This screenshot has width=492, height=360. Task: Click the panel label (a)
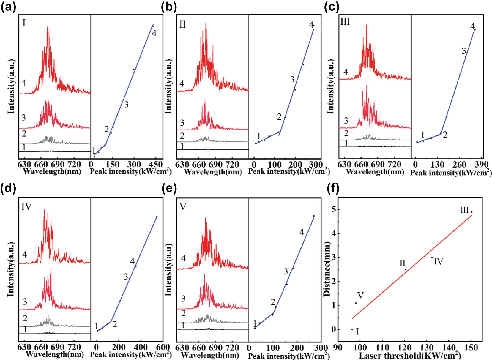click(8, 7)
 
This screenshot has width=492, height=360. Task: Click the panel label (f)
click(333, 188)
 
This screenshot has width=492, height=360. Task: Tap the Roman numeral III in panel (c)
click(345, 22)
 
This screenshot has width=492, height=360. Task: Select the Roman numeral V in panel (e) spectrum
click(183, 206)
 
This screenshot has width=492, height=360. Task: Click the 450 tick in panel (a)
click(155, 164)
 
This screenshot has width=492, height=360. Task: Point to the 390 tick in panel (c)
click(481, 165)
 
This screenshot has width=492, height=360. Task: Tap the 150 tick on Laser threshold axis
click(471, 348)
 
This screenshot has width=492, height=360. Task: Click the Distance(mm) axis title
click(327, 269)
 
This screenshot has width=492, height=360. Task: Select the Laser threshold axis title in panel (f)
click(410, 356)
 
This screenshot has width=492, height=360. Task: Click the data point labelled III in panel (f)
click(471, 212)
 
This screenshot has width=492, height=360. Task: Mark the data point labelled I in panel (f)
click(352, 329)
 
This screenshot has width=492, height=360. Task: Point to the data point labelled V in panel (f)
click(356, 303)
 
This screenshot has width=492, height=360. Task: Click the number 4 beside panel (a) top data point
click(154, 33)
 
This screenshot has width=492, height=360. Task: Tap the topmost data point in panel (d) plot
click(157, 216)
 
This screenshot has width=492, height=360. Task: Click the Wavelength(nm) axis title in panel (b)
click(213, 172)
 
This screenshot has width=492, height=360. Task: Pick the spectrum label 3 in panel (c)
click(346, 121)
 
